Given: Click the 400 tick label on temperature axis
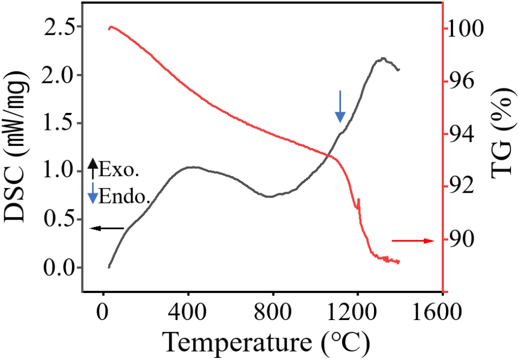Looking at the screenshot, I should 188,310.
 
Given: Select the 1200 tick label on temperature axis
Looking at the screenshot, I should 357,310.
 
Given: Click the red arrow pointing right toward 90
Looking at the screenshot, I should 413,241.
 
